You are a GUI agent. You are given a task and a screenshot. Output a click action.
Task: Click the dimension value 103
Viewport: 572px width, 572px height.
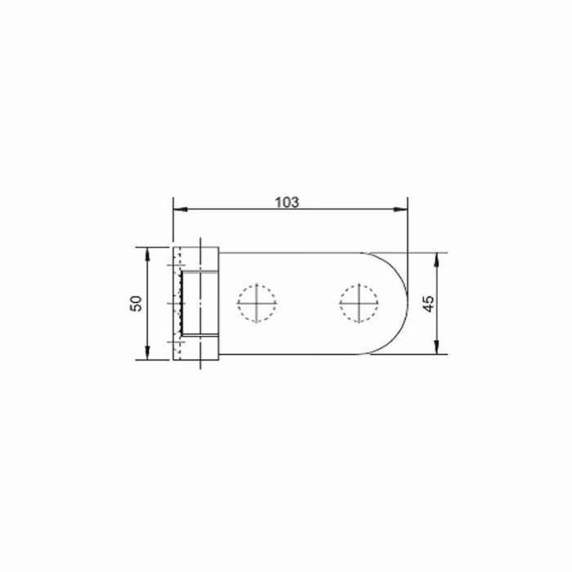(x=287, y=202)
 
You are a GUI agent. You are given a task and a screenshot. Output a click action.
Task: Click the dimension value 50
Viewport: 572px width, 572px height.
(x=136, y=303)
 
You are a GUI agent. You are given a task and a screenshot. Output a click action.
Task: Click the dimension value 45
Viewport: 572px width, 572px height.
(x=428, y=303)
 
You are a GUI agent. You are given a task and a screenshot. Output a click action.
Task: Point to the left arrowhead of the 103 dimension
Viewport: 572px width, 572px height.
(x=181, y=209)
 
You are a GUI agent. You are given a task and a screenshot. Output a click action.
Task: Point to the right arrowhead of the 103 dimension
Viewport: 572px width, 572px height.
(x=400, y=209)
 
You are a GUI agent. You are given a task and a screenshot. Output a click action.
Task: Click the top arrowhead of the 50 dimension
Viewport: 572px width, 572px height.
(x=147, y=254)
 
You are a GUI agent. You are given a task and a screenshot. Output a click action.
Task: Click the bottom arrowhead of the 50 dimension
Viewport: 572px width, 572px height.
(x=147, y=353)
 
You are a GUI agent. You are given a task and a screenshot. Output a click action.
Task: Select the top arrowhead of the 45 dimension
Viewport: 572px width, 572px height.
(x=436, y=260)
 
